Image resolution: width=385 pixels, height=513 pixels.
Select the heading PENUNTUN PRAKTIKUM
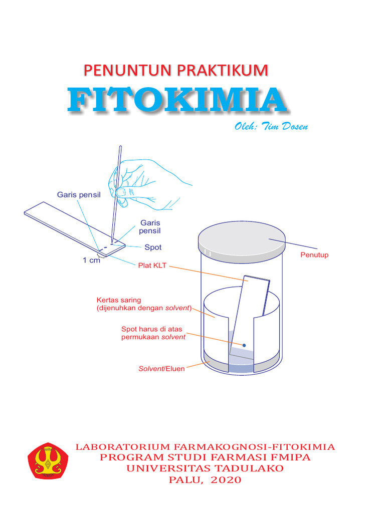click(175, 70)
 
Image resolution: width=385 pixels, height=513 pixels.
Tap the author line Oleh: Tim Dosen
click(271, 126)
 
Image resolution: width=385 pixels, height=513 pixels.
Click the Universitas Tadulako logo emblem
click(48, 460)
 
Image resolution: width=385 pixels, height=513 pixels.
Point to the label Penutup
click(314, 255)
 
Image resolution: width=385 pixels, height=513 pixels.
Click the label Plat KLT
click(153, 266)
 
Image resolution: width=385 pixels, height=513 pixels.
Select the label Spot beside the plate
click(153, 247)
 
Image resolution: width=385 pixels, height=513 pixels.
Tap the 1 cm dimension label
click(92, 260)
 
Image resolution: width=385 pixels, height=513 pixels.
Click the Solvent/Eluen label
click(161, 369)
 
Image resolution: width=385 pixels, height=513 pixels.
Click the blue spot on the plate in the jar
click(245, 345)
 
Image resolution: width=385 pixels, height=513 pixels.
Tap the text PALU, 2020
click(205, 480)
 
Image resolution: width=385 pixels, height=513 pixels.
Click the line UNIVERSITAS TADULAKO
click(205, 468)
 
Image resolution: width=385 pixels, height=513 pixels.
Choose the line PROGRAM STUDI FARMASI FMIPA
click(205, 457)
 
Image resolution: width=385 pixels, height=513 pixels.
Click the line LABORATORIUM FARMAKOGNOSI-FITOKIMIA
click(205, 446)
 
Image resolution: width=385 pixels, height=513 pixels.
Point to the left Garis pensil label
click(79, 195)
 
